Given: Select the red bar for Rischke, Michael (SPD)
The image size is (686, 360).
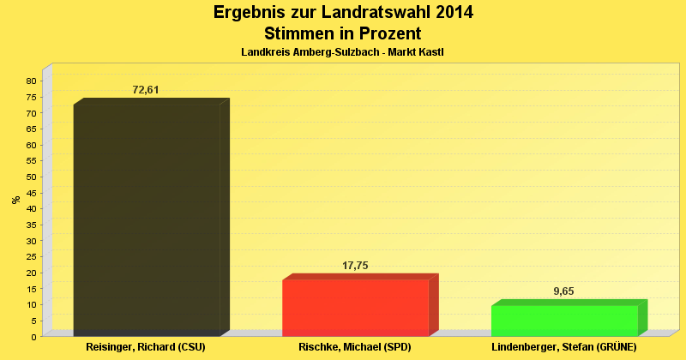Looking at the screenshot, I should (355, 308).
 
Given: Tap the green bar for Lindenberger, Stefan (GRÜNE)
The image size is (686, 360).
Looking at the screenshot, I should (564, 321).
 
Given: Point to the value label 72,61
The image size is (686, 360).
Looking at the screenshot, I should (146, 89).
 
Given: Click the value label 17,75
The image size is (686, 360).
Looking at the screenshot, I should (355, 266).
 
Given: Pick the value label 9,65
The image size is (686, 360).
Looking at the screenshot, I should (563, 291).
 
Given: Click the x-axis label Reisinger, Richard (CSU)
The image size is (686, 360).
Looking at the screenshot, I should (146, 348).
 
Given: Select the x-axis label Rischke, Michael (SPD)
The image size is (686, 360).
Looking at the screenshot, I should (355, 348).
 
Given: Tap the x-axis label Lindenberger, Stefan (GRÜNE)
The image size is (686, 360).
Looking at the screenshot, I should (564, 348).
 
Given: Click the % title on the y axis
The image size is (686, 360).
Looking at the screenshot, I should (15, 200).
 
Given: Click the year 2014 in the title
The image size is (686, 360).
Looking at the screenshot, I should (448, 13).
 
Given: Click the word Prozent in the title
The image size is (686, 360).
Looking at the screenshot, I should (388, 33).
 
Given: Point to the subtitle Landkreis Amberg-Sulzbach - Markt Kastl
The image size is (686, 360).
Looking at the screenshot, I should (342, 52).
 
